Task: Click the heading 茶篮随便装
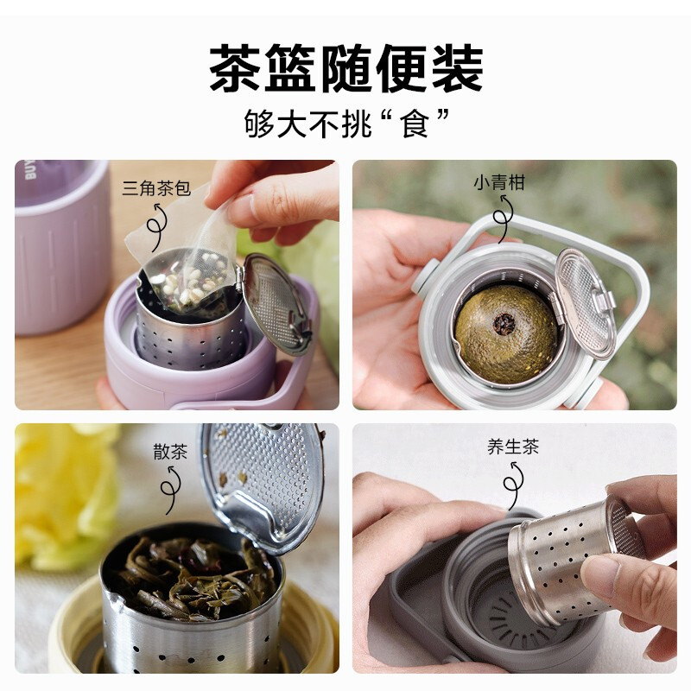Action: coord(345,69)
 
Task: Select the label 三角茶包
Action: coord(156,187)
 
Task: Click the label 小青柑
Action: coord(498,183)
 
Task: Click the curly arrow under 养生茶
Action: coord(516,484)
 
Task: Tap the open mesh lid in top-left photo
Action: coord(275,302)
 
